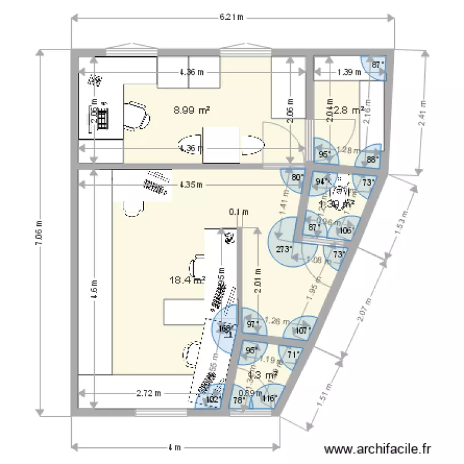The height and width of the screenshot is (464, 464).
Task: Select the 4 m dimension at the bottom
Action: tap(176, 447)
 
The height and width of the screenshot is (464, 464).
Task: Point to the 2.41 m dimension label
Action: tap(423, 114)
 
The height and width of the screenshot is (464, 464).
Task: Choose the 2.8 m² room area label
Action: tap(348, 110)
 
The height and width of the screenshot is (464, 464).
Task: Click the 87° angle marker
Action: tap(377, 64)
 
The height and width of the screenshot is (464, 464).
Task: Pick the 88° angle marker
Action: tap(371, 158)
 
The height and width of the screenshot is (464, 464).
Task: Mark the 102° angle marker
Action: tap(212, 399)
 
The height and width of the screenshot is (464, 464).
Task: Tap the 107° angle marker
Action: tap(303, 330)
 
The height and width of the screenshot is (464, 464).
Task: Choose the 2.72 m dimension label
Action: tap(149, 393)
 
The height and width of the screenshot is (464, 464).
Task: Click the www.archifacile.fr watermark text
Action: tap(377, 450)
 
